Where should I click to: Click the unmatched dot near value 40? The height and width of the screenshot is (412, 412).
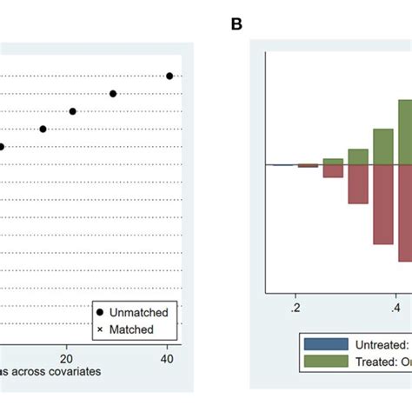coord(169,76)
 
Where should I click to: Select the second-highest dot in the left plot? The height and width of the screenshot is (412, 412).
coord(113,93)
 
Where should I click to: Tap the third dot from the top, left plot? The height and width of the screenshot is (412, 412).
coord(73,111)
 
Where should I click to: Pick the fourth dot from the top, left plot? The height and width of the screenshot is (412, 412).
coord(43,129)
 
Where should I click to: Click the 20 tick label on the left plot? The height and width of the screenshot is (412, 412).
coord(66,356)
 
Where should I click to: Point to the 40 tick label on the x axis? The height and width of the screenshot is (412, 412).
coord(168,356)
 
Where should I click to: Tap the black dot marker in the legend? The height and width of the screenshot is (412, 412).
coord(102,312)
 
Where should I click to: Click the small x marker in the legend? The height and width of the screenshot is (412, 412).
coord(102,329)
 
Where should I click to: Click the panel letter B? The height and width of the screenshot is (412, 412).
coord(236,24)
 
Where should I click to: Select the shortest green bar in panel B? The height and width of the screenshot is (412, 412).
coord(333,161)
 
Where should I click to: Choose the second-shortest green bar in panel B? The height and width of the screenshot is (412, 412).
coord(358,156)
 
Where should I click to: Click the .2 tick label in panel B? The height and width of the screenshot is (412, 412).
coord(296,307)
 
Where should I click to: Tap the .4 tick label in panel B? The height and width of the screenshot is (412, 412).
coord(395,307)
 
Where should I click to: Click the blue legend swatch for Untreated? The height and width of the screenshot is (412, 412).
coord(326,344)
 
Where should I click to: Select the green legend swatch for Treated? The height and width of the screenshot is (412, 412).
coord(326,361)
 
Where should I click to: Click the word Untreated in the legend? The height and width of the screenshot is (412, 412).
coord(382,344)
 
